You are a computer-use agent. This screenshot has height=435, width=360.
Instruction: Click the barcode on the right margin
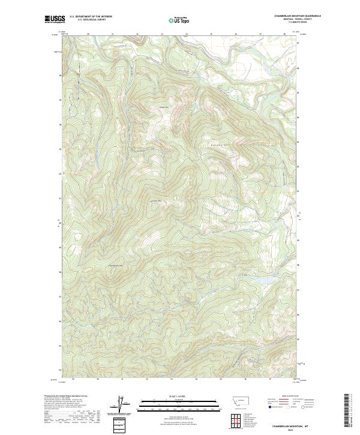point(347,411)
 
